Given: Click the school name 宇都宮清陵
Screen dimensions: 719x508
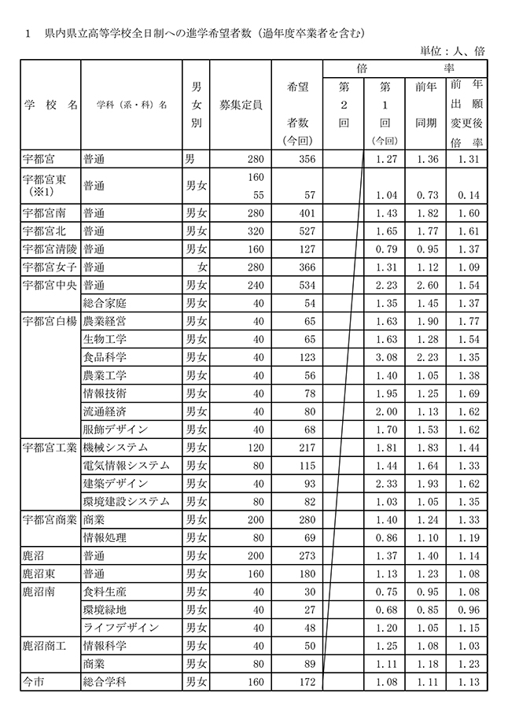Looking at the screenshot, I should (x=51, y=249).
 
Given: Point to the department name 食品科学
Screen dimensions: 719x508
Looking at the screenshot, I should (x=103, y=357).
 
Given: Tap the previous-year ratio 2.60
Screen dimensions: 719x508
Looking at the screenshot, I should (x=426, y=285).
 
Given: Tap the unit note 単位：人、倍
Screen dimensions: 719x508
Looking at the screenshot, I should (x=452, y=50).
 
